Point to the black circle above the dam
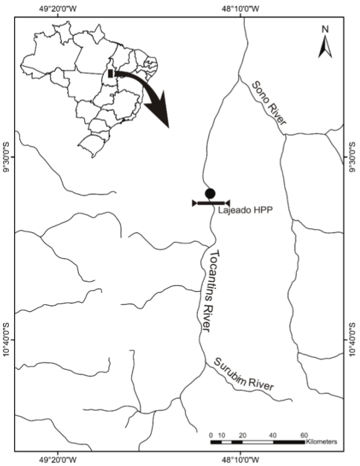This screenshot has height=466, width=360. pos(210,193)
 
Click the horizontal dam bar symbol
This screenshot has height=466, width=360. pos(211,203)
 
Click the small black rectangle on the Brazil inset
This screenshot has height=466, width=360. pos(110,74)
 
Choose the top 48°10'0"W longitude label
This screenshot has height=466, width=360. pos(240,8)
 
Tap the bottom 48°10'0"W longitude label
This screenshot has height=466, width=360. pos(240,458)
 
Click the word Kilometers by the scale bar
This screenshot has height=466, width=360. pos(321,442)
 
